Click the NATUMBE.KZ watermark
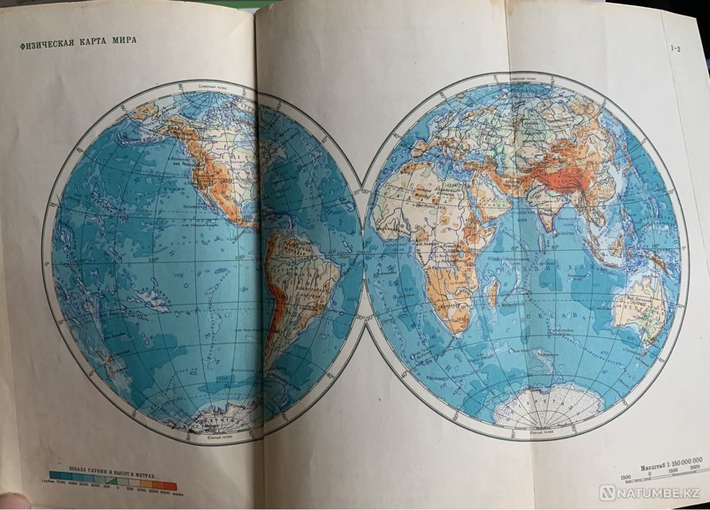pyautogui.click(x=648, y=492)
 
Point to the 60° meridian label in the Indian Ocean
pyautogui.click(x=510, y=250)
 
